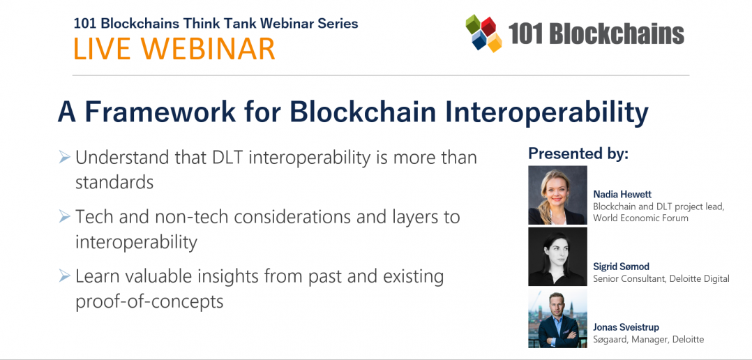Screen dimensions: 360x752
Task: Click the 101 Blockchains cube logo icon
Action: [x=484, y=33]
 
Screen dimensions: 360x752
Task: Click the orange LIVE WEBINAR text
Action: [x=174, y=49]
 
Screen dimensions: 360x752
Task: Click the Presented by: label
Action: [x=578, y=153]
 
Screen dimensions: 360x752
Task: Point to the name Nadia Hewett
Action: [x=622, y=194]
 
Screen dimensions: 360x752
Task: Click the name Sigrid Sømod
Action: [x=622, y=267]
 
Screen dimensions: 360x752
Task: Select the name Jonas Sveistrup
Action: [x=626, y=327]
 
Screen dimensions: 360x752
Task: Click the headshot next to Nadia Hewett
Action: [x=557, y=195]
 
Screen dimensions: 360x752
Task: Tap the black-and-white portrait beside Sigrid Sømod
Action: [x=557, y=257]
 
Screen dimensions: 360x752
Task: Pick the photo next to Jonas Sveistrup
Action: [x=557, y=319]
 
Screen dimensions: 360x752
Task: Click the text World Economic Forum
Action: [x=640, y=218]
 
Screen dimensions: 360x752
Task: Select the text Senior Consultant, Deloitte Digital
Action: [x=661, y=278]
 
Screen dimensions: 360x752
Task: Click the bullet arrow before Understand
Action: [x=64, y=158]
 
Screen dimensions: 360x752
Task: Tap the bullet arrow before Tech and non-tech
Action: [x=64, y=217]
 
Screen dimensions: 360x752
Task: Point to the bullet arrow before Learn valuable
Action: [x=64, y=276]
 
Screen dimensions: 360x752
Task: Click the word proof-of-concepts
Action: [x=149, y=301]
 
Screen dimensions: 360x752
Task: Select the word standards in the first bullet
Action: [x=114, y=182]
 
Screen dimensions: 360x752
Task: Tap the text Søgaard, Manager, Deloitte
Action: [x=648, y=339]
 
